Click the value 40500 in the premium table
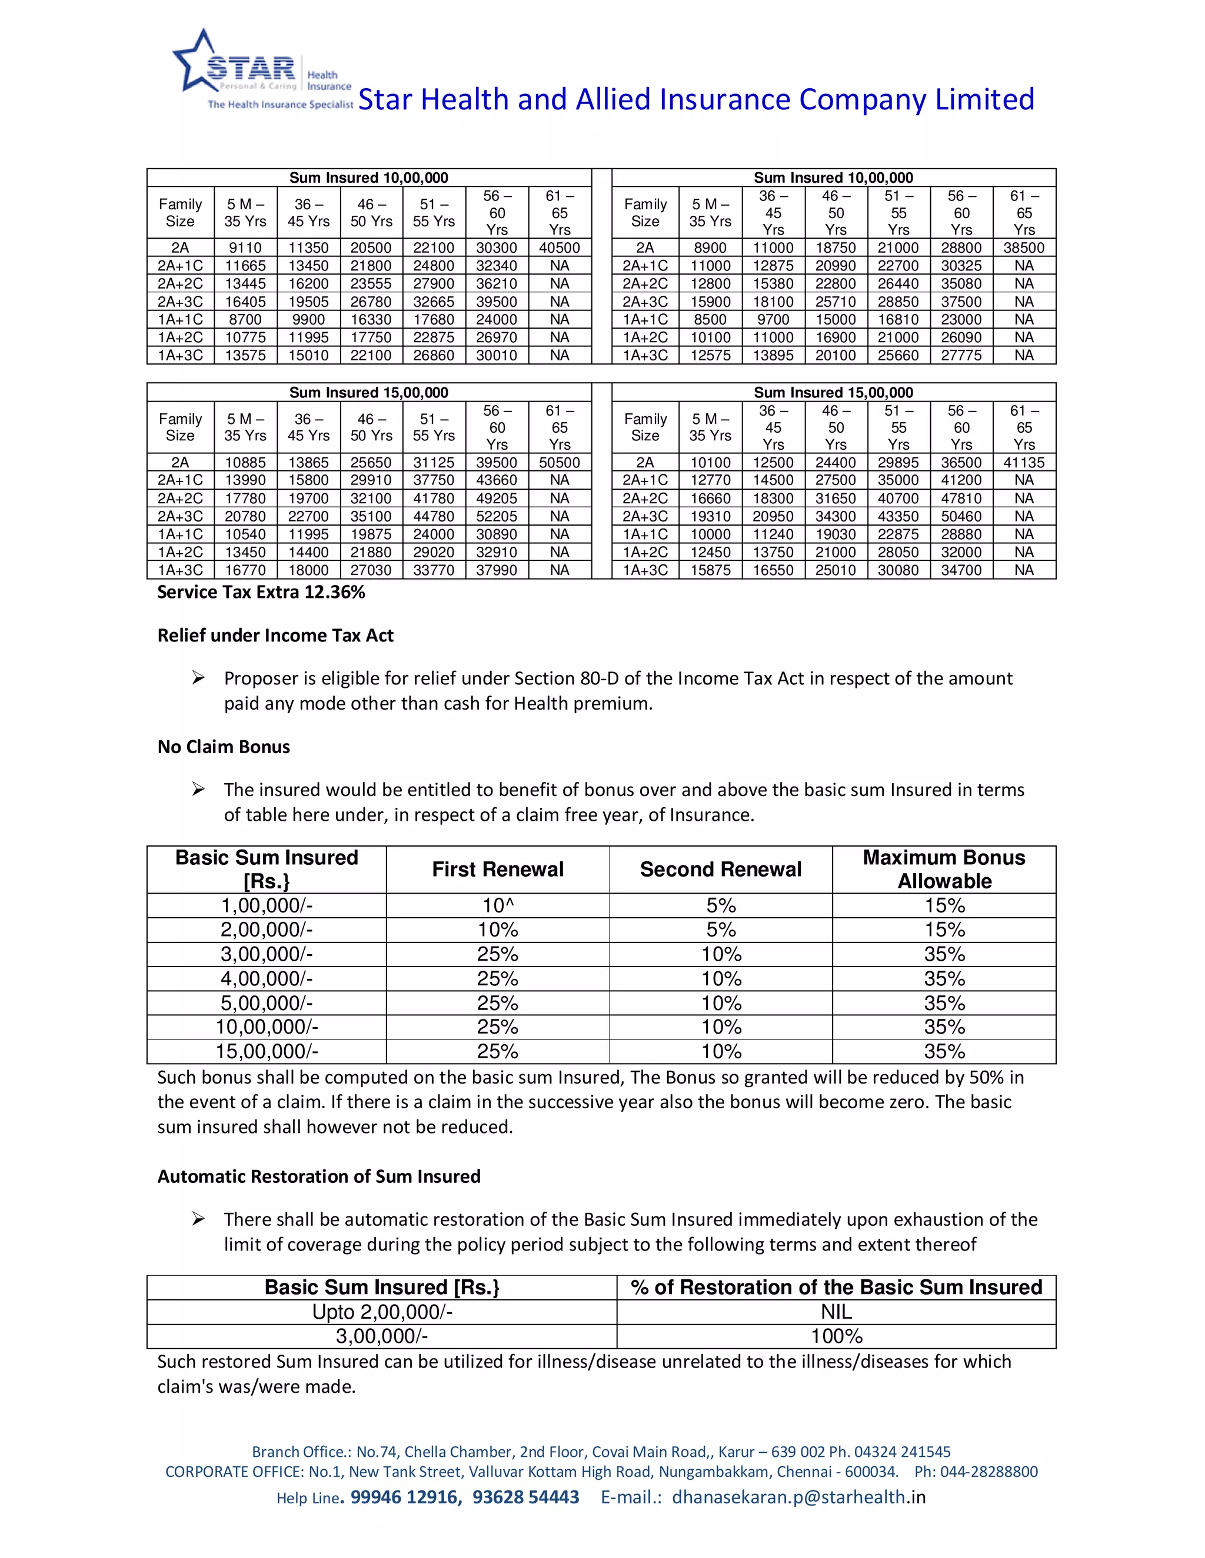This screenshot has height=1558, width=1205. (x=559, y=248)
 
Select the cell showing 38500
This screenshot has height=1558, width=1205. (x=1024, y=248)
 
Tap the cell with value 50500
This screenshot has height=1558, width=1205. (x=559, y=462)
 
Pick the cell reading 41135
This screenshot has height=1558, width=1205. (x=1024, y=462)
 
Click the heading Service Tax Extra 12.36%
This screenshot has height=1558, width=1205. (x=261, y=592)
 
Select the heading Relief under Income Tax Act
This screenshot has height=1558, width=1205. (x=275, y=636)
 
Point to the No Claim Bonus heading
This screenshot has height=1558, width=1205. (x=224, y=747)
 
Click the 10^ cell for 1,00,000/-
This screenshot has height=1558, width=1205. (x=498, y=905)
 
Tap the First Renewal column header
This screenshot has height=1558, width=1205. (x=498, y=869)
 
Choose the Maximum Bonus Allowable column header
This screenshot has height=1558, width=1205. (x=944, y=869)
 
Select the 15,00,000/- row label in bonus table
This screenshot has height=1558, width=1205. (x=267, y=1052)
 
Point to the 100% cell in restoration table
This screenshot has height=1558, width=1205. (x=836, y=1336)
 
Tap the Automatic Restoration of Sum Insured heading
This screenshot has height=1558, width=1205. (x=318, y=1176)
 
